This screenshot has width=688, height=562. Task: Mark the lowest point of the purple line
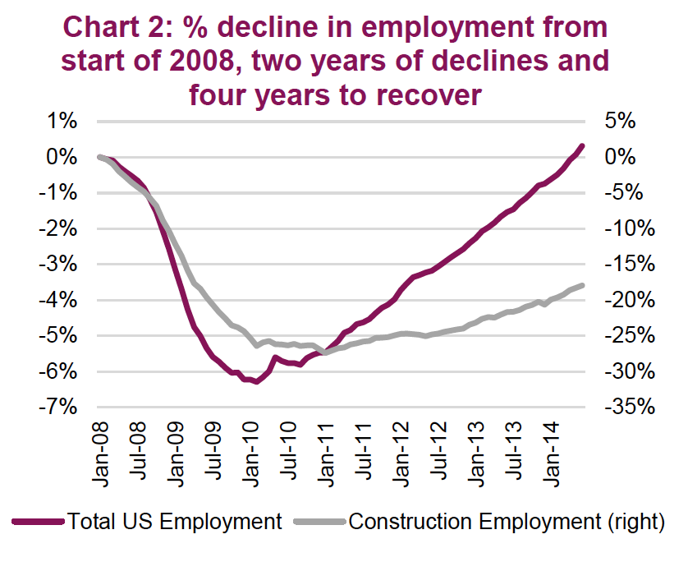click(x=257, y=382)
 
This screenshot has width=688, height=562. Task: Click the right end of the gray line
click(x=582, y=285)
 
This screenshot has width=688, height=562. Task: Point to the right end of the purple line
click(x=582, y=146)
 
